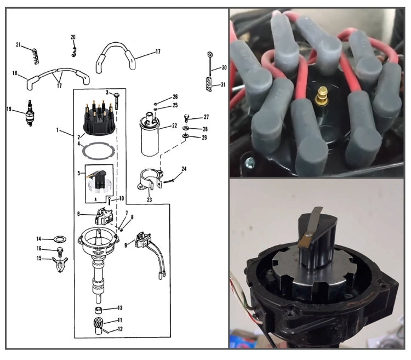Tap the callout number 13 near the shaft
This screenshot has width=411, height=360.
(120, 308)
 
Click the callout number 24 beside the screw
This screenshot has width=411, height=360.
(184, 169)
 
